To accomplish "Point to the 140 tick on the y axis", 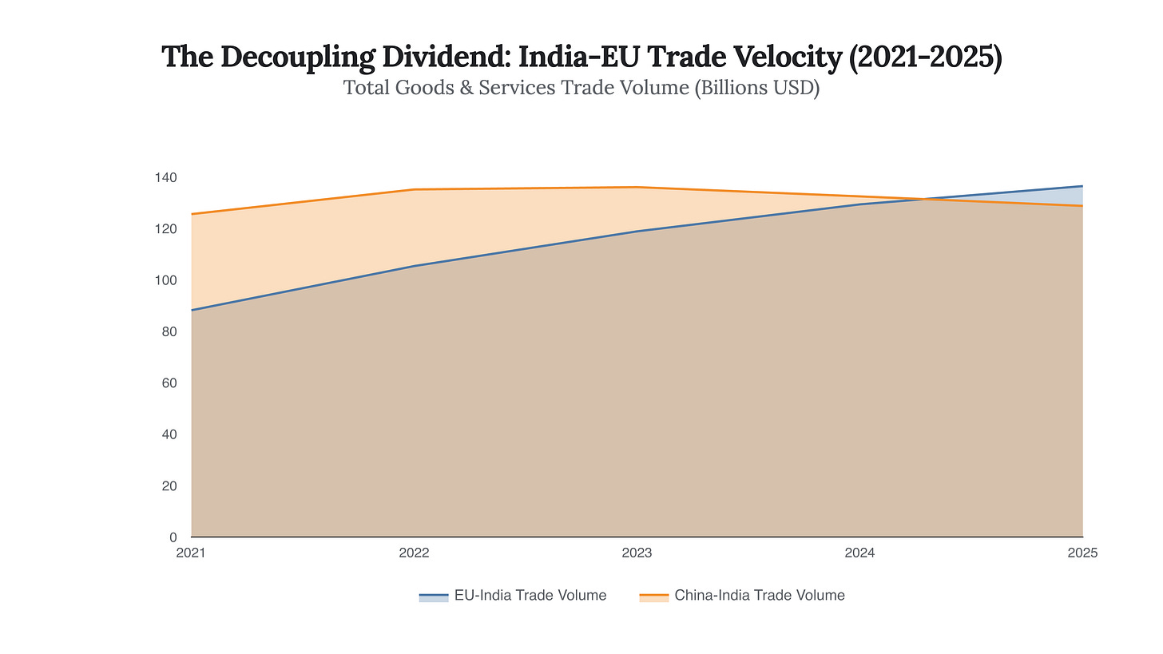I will point(166,177).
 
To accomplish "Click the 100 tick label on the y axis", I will point(166,280).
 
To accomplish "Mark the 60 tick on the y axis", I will point(169,383).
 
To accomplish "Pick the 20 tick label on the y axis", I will point(169,486).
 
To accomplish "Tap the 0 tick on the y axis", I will point(173,537).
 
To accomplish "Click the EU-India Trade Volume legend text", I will point(530,596).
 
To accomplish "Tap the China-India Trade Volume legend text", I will point(759,596).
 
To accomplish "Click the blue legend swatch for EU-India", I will point(433,597).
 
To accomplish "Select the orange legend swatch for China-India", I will point(653,597).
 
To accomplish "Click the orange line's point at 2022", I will point(415,189).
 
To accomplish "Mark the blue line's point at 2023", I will point(637,232).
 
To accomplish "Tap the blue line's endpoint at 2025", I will point(1082,186).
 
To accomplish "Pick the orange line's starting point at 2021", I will point(192,214).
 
